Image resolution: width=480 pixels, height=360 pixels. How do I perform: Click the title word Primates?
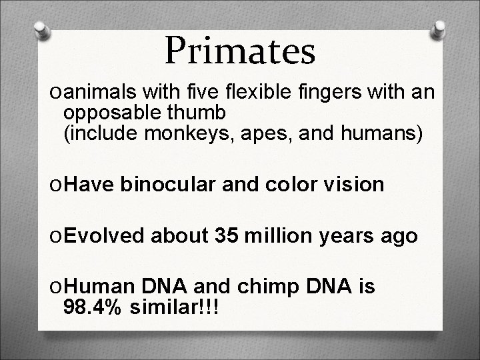[x=239, y=51]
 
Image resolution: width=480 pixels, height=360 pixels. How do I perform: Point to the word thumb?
[x=197, y=111]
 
